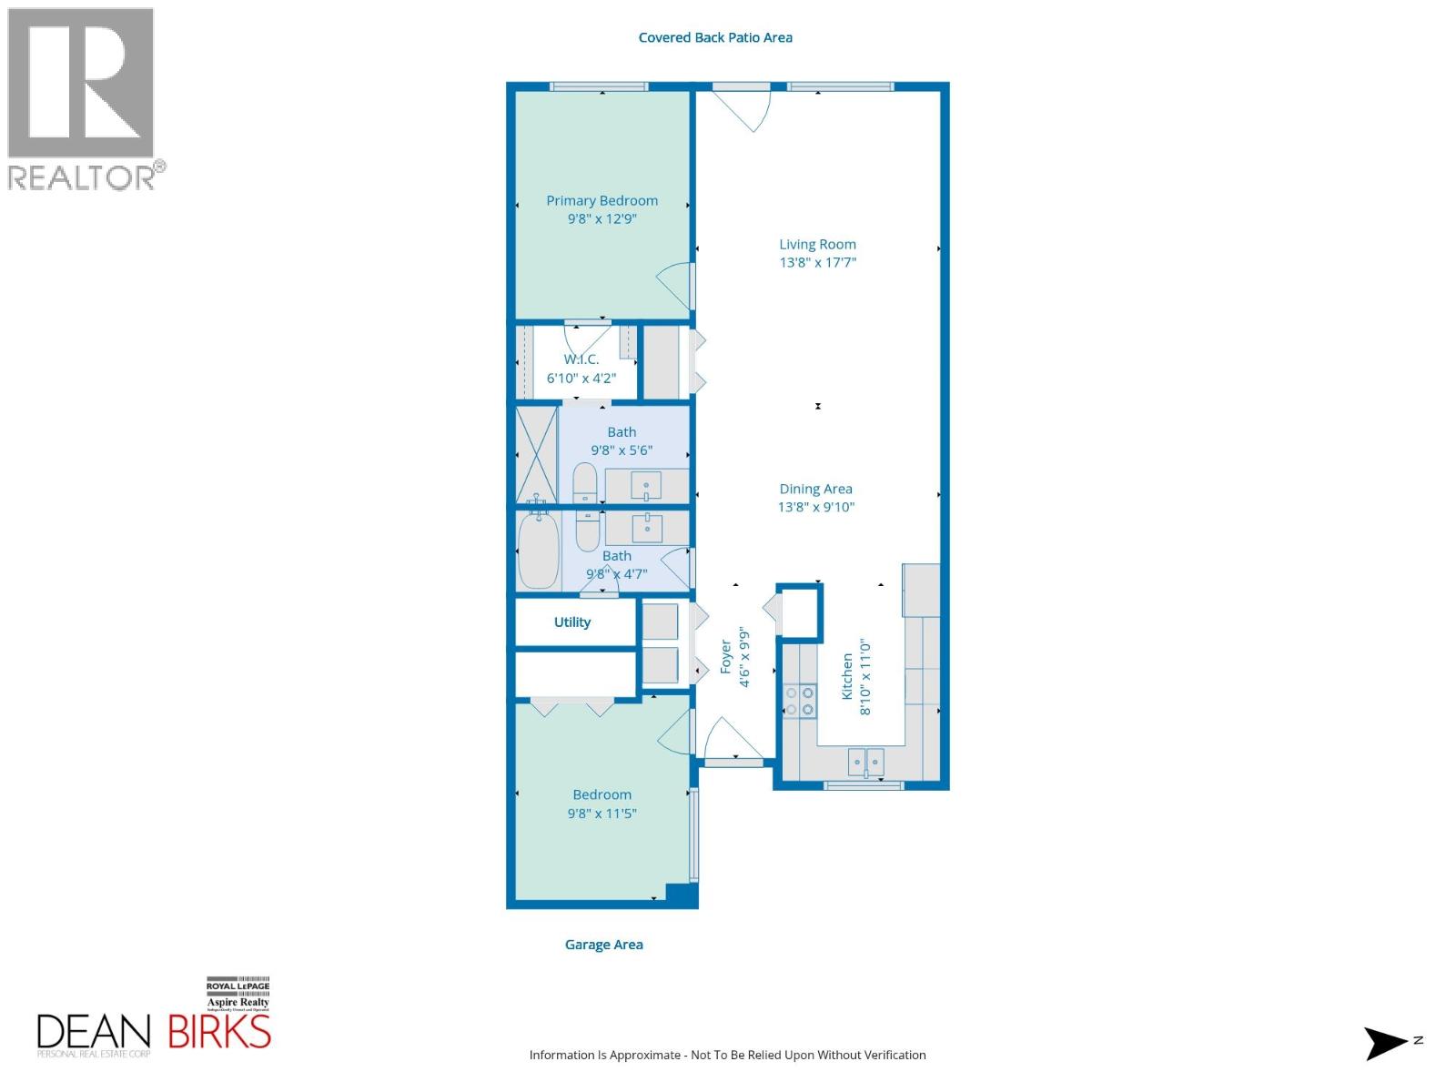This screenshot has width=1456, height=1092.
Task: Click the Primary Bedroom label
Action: point(602,201)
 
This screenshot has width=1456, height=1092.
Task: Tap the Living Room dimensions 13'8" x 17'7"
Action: point(817,263)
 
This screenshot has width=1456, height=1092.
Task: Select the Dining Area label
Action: point(815,489)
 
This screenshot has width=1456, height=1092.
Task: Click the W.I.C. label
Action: point(581,359)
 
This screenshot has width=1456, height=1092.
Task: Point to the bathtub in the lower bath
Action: point(538,551)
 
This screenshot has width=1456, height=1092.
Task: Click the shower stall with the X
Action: point(537,453)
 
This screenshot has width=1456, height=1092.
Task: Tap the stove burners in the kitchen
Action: point(799,701)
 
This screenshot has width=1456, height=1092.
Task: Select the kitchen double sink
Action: point(865,762)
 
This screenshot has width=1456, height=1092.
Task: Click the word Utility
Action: point(572,622)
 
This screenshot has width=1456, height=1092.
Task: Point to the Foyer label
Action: point(726,657)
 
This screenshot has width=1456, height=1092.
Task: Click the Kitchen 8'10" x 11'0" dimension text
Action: point(865,677)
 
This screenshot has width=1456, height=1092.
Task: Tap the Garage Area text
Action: point(603,945)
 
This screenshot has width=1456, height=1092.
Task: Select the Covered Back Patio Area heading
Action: point(715,37)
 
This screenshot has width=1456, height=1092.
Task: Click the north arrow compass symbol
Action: point(1385,1043)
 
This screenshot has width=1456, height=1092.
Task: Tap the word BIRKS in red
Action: point(219,1032)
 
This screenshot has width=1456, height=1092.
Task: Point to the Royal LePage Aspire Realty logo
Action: point(238,996)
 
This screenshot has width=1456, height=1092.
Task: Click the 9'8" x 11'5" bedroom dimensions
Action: point(602,814)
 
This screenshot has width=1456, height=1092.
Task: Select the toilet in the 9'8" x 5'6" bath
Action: point(584,482)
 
